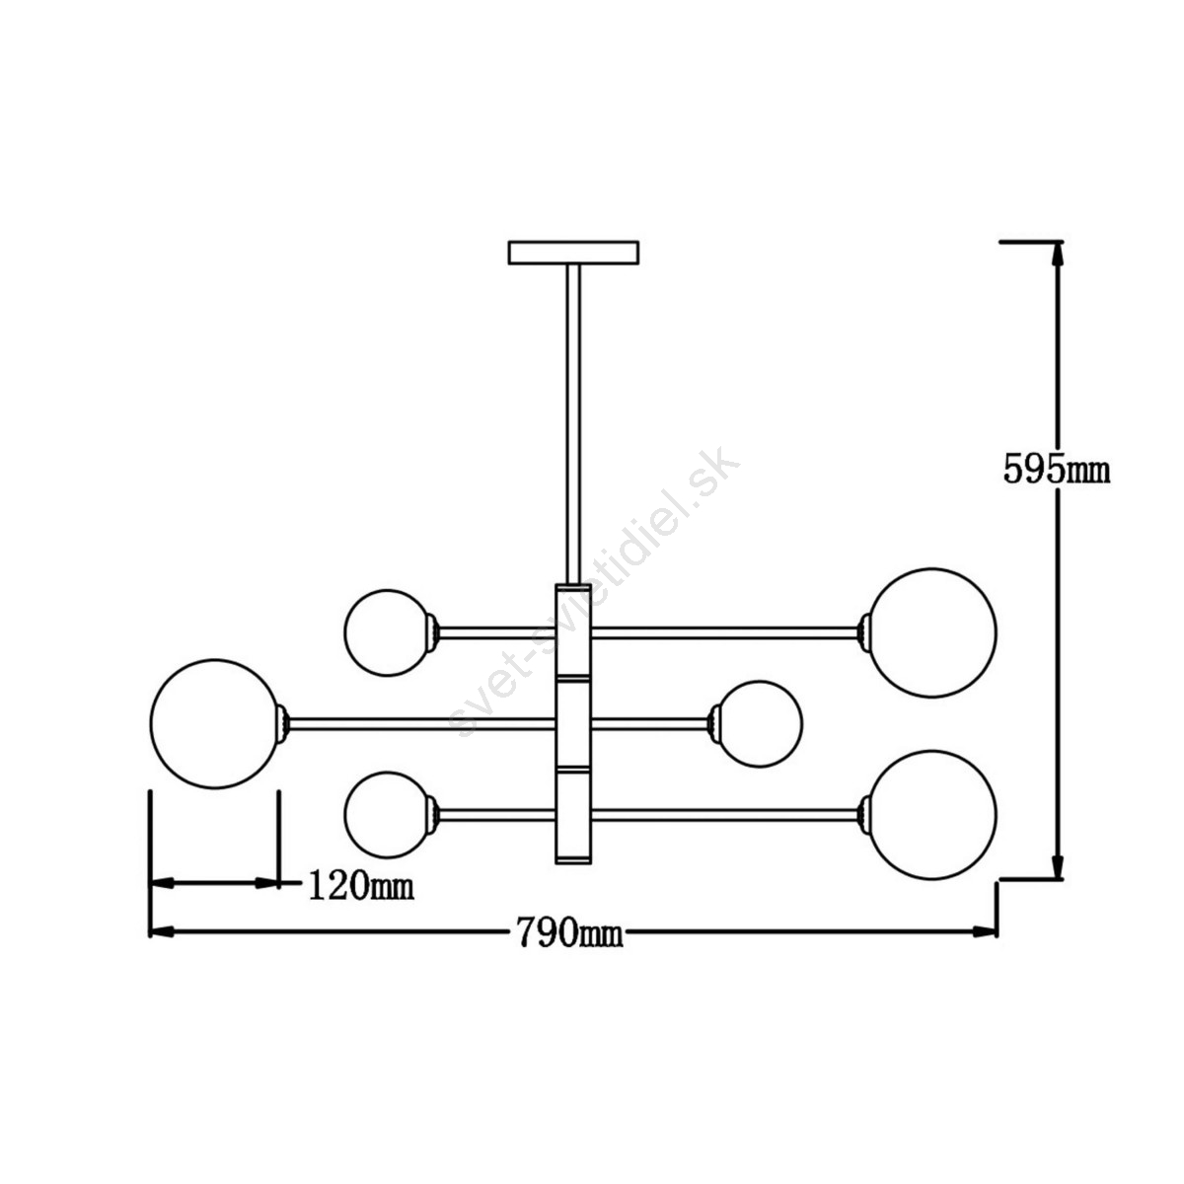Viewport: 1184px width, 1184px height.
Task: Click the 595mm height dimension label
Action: [1056, 470]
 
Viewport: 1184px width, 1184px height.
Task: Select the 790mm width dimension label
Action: [569, 932]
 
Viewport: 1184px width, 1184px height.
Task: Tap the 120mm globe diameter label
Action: [360, 885]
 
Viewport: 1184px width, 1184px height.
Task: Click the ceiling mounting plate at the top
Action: [573, 253]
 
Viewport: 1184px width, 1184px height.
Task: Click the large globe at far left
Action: [215, 724]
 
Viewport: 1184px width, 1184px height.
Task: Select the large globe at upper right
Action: [932, 632]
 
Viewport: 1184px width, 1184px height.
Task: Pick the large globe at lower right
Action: [932, 815]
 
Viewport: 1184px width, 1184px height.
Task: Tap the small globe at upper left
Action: [388, 632]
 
